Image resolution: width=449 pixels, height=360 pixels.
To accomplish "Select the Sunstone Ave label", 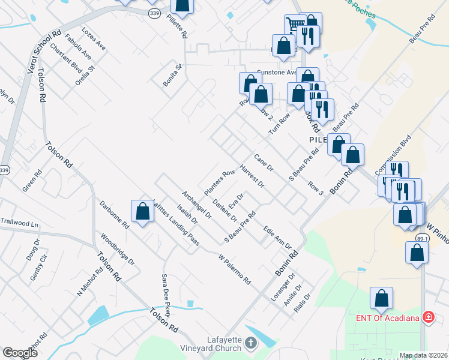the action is [277, 72].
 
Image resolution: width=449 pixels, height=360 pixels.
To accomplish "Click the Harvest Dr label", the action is [252, 176].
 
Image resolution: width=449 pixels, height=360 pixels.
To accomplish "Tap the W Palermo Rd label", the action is [234, 270].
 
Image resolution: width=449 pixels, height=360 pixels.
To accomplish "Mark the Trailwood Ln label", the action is [19, 224].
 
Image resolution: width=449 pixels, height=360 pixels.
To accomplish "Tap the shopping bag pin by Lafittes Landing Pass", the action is [142, 212].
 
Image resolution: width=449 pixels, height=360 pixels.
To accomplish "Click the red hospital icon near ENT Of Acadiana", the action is [429, 317].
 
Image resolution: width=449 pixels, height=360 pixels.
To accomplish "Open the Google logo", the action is [20, 353].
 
